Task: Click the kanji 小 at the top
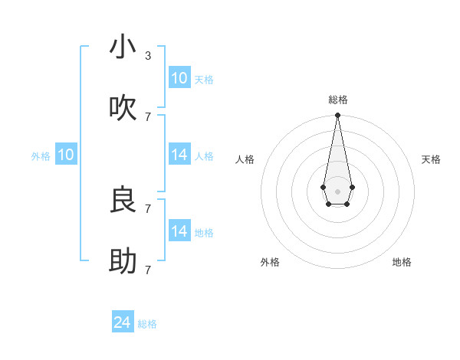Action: pos(123,47)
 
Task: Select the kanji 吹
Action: pos(123,109)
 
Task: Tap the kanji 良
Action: pos(123,201)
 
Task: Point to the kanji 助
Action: pos(123,262)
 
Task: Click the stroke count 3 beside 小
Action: pos(148,56)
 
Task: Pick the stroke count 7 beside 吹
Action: pos(148,116)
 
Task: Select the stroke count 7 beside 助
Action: pos(148,270)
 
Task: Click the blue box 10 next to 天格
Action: pos(179,78)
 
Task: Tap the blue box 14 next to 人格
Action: pos(179,155)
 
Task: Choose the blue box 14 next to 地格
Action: pos(179,231)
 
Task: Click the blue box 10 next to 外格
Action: pos(66,155)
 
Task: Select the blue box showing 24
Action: pos(123,322)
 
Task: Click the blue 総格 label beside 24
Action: pos(148,324)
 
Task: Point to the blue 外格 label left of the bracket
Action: pos(41,156)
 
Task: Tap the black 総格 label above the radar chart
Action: pos(337,100)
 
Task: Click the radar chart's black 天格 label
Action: pos(431,159)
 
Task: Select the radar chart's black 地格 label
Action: pos(402,262)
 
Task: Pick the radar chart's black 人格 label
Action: pos(245,159)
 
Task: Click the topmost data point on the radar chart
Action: pos(337,116)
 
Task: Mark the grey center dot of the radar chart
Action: pos(337,190)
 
